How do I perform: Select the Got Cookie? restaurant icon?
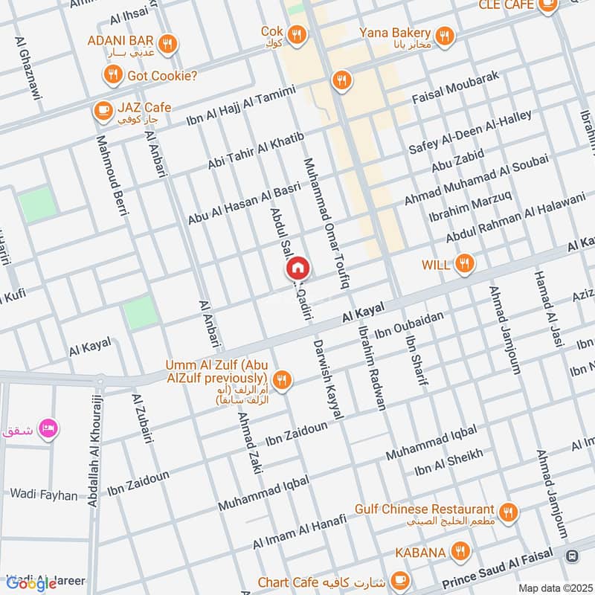[113, 74]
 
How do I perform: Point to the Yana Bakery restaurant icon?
[445, 35]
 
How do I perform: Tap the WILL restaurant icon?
[465, 263]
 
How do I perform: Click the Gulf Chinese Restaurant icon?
[509, 512]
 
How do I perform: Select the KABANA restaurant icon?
[462, 552]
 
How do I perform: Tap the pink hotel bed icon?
[48, 429]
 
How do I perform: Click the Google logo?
[32, 584]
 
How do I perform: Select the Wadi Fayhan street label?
[43, 495]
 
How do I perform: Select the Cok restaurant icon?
[297, 34]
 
